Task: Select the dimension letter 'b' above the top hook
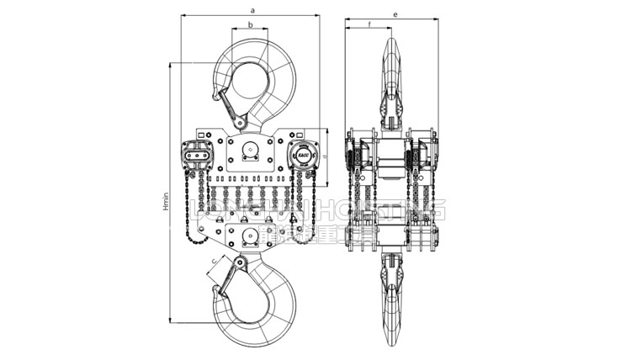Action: (x=251, y=25)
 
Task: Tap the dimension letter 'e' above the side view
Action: (x=395, y=14)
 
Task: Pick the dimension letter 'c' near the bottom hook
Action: (x=214, y=262)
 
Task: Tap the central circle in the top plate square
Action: (x=250, y=153)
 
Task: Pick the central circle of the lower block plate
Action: (x=249, y=231)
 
